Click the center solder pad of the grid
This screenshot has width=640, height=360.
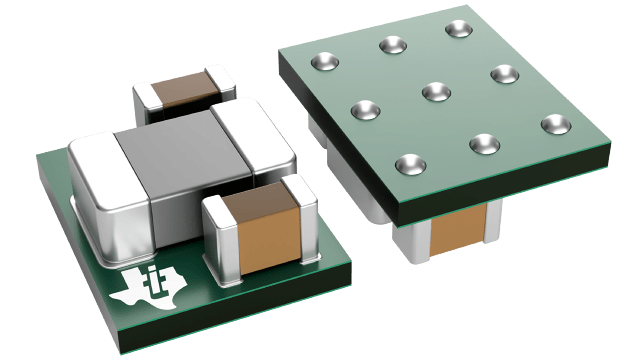pos(435,91)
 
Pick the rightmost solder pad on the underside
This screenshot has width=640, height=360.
pos(554,124)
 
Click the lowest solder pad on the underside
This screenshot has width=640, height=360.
pos(407,162)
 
